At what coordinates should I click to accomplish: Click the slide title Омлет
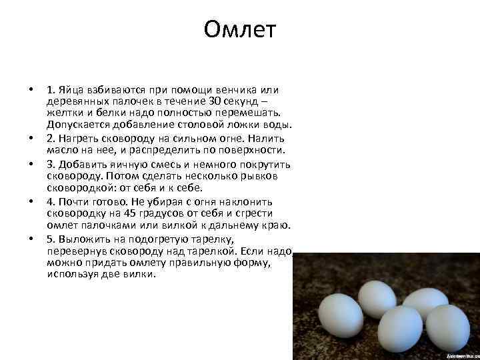tap(240, 30)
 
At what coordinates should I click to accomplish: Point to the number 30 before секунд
tap(216, 102)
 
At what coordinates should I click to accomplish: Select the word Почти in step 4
tap(73, 201)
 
